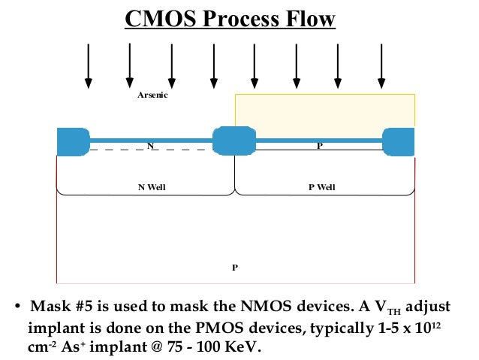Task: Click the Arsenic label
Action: [152, 95]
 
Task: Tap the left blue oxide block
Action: [73, 142]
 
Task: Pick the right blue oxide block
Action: [398, 141]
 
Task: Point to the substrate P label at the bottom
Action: [234, 267]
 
